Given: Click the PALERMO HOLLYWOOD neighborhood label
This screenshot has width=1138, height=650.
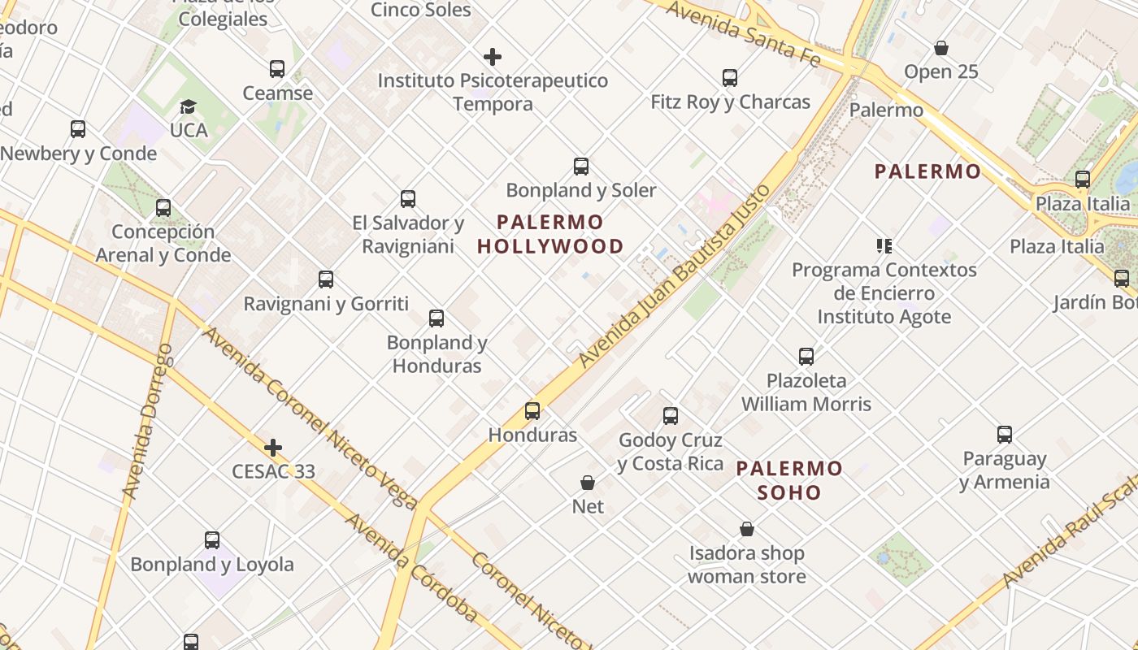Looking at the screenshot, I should pyautogui.click(x=550, y=234).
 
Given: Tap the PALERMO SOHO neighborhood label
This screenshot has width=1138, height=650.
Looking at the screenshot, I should pyautogui.click(x=789, y=480).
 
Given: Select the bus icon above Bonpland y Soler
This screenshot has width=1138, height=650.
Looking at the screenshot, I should pyautogui.click(x=581, y=167).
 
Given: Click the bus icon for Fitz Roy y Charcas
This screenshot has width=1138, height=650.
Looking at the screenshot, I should pyautogui.click(x=730, y=78).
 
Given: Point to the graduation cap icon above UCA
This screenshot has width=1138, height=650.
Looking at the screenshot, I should pyautogui.click(x=189, y=106).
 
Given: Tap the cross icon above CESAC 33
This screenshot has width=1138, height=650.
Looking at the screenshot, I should pyautogui.click(x=273, y=448).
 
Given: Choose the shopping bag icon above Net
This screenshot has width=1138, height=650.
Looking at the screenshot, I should pyautogui.click(x=588, y=483).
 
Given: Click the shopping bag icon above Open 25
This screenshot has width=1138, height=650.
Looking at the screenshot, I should pyautogui.click(x=941, y=48).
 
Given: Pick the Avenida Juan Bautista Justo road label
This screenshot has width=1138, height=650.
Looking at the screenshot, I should pyautogui.click(x=674, y=276).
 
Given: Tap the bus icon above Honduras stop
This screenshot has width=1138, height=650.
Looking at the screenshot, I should pyautogui.click(x=532, y=411).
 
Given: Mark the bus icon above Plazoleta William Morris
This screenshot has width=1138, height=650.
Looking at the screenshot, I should pyautogui.click(x=806, y=357).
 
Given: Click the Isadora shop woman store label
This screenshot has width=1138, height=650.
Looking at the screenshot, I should pyautogui.click(x=747, y=565).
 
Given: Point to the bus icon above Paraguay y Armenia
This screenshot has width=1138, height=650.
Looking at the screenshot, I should pyautogui.click(x=1005, y=435).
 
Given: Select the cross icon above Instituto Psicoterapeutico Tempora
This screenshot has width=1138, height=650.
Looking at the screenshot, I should pyautogui.click(x=493, y=57).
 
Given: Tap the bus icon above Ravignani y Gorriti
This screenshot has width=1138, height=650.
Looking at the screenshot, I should pyautogui.click(x=326, y=280).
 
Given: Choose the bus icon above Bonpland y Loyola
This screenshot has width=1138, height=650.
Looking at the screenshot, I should pyautogui.click(x=212, y=540).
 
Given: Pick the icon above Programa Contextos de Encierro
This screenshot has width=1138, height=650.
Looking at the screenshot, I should pyautogui.click(x=884, y=245).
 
